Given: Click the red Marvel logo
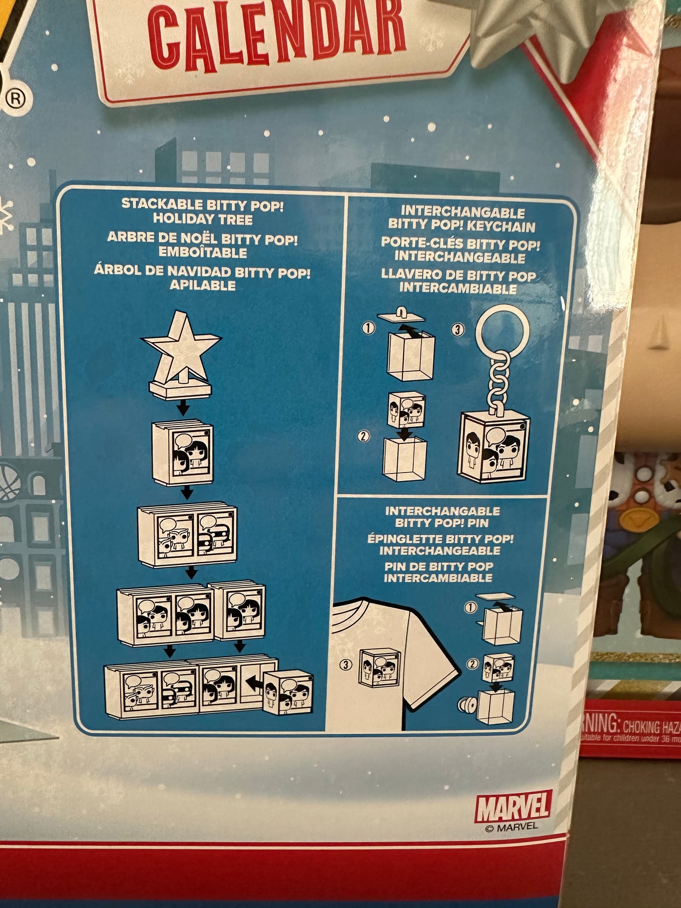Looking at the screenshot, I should (513, 807).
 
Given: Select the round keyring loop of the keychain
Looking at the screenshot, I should (502, 328).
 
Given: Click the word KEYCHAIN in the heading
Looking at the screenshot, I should (500, 227).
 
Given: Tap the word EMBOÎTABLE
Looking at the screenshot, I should (203, 252).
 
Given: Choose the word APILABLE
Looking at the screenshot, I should (203, 285).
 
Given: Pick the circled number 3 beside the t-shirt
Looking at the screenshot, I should (346, 665).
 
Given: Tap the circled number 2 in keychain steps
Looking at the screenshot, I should (362, 436).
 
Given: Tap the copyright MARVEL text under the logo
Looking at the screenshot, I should (511, 826).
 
